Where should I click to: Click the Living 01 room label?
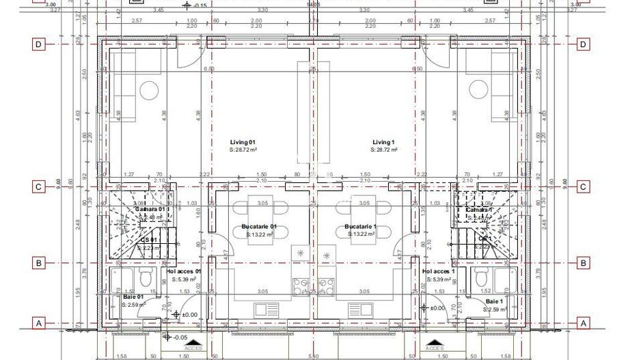243,141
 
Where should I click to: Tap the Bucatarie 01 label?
259,226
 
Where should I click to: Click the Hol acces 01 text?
185,271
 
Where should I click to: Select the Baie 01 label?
133,297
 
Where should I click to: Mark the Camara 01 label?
150,209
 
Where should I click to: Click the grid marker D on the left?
40,45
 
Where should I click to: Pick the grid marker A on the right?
583,323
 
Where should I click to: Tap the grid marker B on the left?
40,262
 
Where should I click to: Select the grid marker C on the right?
583,186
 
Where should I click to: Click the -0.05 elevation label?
180,337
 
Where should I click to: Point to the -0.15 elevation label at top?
200,5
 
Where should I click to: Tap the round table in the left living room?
149,90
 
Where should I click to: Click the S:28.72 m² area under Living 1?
384,149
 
